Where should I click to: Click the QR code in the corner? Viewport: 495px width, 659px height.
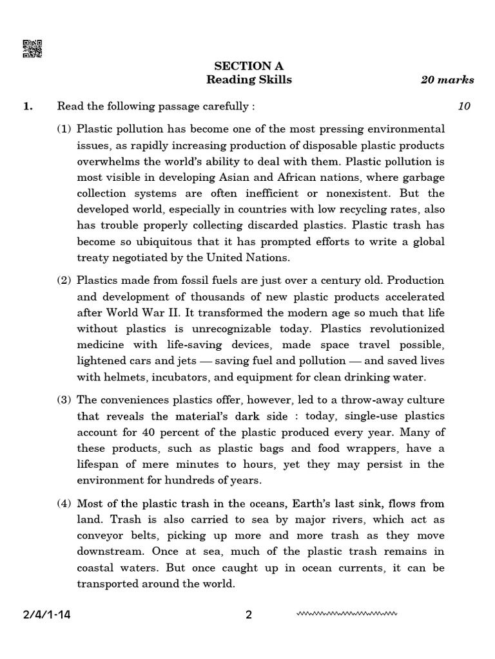click(32, 49)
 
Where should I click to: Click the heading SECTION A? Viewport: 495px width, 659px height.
click(249, 66)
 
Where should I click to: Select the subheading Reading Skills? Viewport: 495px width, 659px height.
click(249, 80)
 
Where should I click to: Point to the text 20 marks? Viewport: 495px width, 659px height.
click(447, 80)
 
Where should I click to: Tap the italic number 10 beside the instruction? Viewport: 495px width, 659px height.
click(464, 106)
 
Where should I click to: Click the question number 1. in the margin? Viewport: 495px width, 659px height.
click(28, 106)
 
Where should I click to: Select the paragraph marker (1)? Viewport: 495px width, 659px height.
click(64, 129)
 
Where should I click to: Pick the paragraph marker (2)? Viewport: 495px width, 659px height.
click(64, 281)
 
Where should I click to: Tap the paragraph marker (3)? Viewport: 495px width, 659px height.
click(64, 400)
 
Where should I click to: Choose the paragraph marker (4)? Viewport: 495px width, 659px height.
click(64, 503)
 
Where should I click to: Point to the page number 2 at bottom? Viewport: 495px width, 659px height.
click(249, 615)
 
